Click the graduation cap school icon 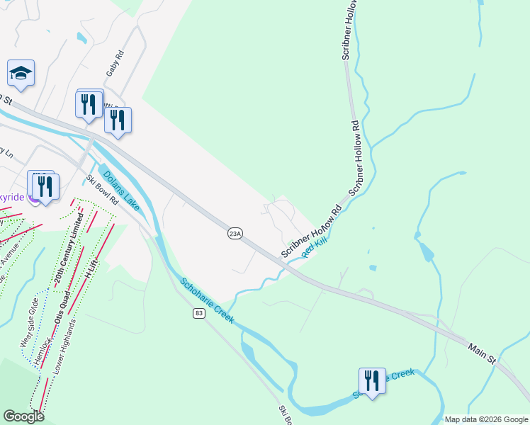coord(21,73)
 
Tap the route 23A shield coord(236,233)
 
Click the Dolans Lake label coord(121,191)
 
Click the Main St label coord(482,353)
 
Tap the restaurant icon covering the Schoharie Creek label coord(371,381)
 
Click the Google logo coord(23,416)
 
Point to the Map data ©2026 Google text coord(486,419)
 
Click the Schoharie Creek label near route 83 coord(207,300)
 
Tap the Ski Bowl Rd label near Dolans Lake coord(102,190)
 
